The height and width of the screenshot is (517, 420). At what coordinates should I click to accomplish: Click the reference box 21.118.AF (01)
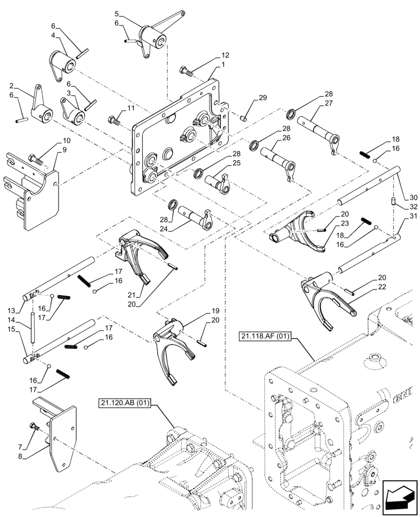[265, 337]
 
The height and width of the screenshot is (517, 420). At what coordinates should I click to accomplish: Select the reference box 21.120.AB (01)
[123, 403]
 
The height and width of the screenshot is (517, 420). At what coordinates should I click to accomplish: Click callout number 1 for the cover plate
[223, 65]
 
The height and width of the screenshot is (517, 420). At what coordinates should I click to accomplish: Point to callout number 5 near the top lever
[116, 13]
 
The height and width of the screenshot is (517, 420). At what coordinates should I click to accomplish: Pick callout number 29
[262, 98]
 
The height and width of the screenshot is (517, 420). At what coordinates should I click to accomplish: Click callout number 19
[215, 312]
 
